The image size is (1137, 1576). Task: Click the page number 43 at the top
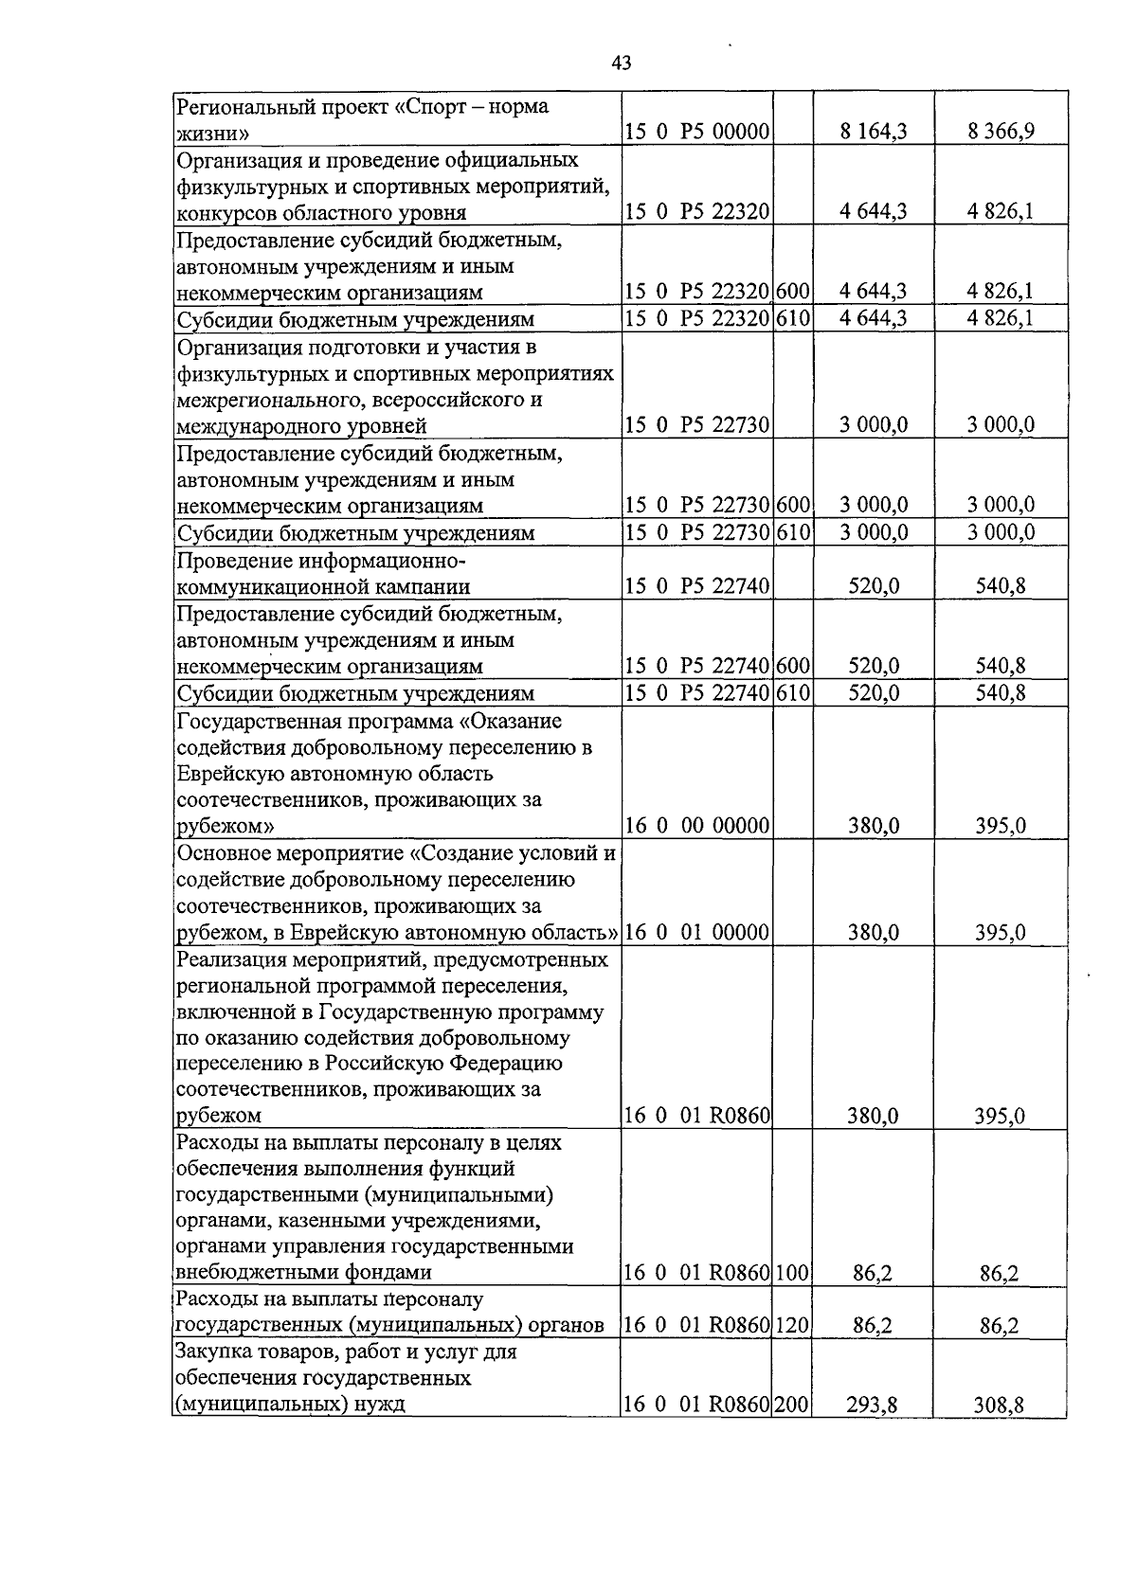pyautogui.click(x=622, y=63)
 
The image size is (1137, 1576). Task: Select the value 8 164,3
pyautogui.click(x=873, y=133)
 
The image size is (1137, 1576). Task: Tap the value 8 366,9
pyautogui.click(x=1001, y=133)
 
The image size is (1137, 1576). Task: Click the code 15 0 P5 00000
pyautogui.click(x=696, y=133)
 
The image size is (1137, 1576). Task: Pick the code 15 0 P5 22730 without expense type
pyautogui.click(x=696, y=425)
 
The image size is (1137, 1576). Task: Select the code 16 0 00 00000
pyautogui.click(x=696, y=826)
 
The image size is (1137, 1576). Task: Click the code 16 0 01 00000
pyautogui.click(x=696, y=933)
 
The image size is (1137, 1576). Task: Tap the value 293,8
pyautogui.click(x=873, y=1406)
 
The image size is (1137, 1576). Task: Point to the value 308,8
pyautogui.click(x=1001, y=1406)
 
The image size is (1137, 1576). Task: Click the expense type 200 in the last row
pyautogui.click(x=792, y=1406)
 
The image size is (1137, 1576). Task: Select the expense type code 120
pyautogui.click(x=792, y=1326)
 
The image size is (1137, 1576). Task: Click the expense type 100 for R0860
pyautogui.click(x=792, y=1273)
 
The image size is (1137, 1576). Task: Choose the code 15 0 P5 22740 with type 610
pyautogui.click(x=696, y=693)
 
